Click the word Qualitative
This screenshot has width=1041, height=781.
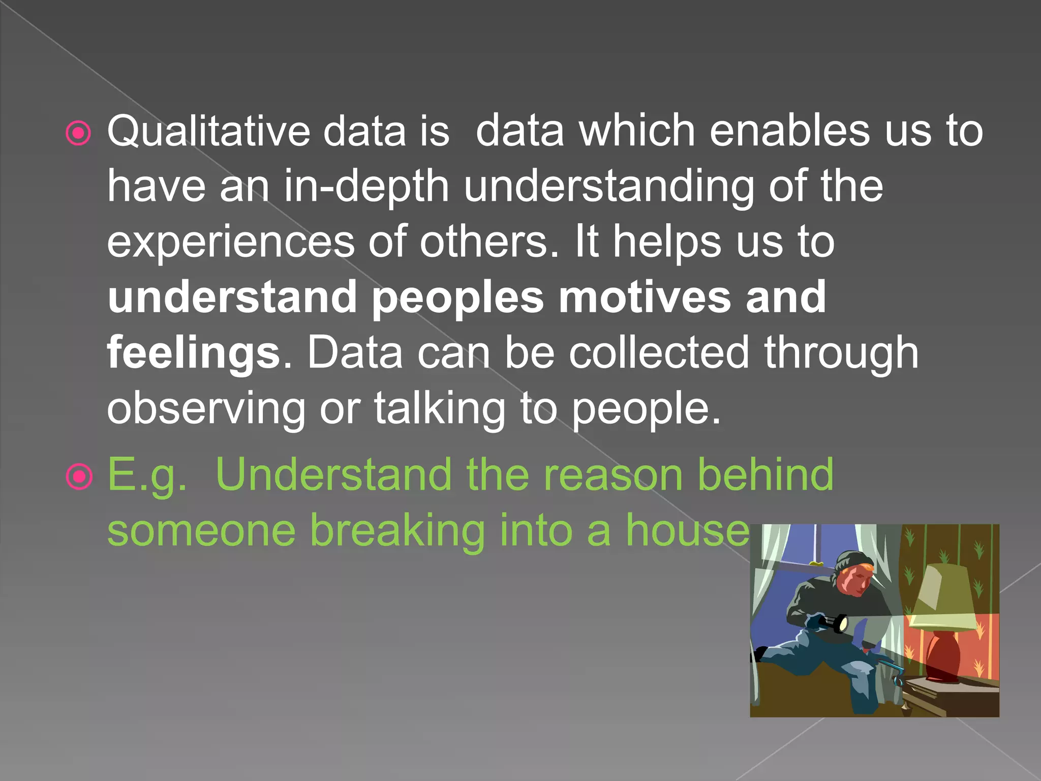coord(208,131)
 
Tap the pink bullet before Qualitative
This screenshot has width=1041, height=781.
coord(79,134)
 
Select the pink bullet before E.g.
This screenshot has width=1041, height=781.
coord(79,477)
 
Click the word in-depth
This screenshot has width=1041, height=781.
coord(366,187)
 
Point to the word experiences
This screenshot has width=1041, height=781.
coord(230,243)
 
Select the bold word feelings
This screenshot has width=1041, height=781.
coord(193,354)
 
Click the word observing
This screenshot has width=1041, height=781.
coord(206,408)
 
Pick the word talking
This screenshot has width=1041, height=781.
coord(440,408)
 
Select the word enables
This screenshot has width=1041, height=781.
coord(789,131)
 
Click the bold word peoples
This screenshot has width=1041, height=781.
coord(458,298)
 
